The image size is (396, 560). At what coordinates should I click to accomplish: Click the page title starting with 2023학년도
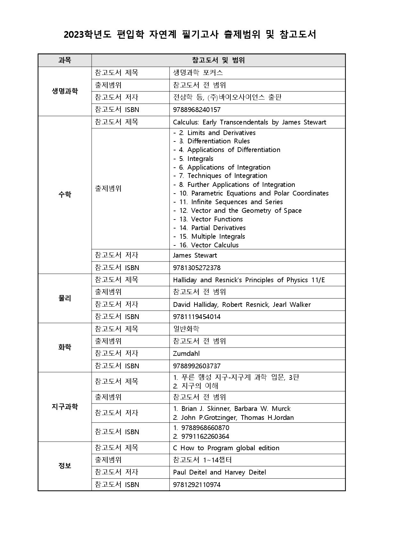tap(190, 35)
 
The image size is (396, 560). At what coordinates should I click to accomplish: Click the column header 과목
tap(65, 60)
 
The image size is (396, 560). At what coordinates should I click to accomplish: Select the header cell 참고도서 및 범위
tap(218, 60)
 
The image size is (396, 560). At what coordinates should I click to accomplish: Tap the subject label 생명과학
tap(65, 91)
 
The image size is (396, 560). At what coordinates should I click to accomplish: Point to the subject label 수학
tap(65, 195)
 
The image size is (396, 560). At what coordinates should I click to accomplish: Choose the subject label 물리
tap(65, 298)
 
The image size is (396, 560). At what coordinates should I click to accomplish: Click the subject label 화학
tap(65, 347)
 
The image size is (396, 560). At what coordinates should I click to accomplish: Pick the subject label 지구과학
tap(65, 407)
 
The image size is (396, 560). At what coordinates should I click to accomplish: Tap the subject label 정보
tap(65, 466)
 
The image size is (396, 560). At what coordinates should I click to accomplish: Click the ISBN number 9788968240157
tap(197, 110)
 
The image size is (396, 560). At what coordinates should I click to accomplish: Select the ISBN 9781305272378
tap(197, 268)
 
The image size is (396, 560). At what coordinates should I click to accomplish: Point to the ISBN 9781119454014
tap(197, 317)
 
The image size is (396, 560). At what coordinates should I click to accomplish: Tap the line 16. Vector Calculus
tap(209, 245)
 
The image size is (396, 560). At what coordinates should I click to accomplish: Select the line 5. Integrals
tap(196, 159)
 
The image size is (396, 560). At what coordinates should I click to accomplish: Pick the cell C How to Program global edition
tap(226, 448)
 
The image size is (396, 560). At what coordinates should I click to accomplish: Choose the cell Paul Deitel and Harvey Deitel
tap(219, 472)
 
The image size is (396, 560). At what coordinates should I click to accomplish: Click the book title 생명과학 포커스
tap(198, 73)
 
